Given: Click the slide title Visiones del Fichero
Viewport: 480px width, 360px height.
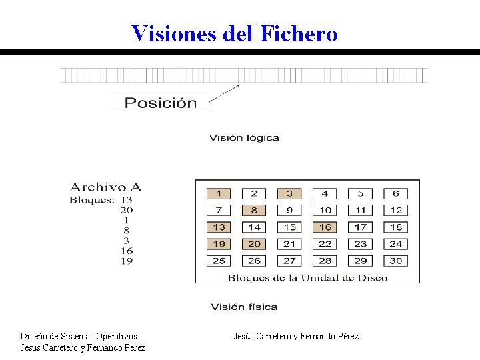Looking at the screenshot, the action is [235, 33].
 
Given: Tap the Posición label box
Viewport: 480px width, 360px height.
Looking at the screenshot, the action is [160, 103].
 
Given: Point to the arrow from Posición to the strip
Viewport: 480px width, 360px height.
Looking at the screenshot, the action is [225, 93].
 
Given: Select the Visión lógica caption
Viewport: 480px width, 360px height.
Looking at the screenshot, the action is [244, 138].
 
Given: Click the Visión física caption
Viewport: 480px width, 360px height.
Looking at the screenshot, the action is [244, 307].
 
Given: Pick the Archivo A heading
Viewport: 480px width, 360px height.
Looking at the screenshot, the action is [106, 187].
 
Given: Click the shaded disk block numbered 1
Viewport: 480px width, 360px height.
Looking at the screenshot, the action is [219, 193].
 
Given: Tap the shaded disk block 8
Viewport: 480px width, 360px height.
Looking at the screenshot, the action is [254, 210].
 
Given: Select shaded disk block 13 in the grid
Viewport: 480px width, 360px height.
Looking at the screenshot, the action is [219, 227].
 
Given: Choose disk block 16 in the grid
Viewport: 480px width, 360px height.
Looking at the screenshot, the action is [325, 227].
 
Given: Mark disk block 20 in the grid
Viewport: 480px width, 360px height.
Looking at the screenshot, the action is [254, 244].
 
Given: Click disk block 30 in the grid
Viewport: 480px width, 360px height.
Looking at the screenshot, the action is [396, 261].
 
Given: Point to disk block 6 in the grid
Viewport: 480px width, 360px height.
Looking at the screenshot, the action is [396, 193].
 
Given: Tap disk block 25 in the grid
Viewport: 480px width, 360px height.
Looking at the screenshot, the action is [219, 261].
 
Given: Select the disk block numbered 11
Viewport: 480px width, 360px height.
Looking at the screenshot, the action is [360, 210].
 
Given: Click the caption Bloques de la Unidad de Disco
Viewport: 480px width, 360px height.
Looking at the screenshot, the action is [307, 277].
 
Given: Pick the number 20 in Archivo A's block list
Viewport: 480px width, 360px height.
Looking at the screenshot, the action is [126, 210].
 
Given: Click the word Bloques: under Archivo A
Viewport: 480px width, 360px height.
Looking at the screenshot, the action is [92, 199].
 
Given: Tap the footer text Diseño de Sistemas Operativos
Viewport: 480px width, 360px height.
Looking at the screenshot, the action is [79, 336].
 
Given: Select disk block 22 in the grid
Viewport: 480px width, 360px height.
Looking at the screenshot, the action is [325, 244].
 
